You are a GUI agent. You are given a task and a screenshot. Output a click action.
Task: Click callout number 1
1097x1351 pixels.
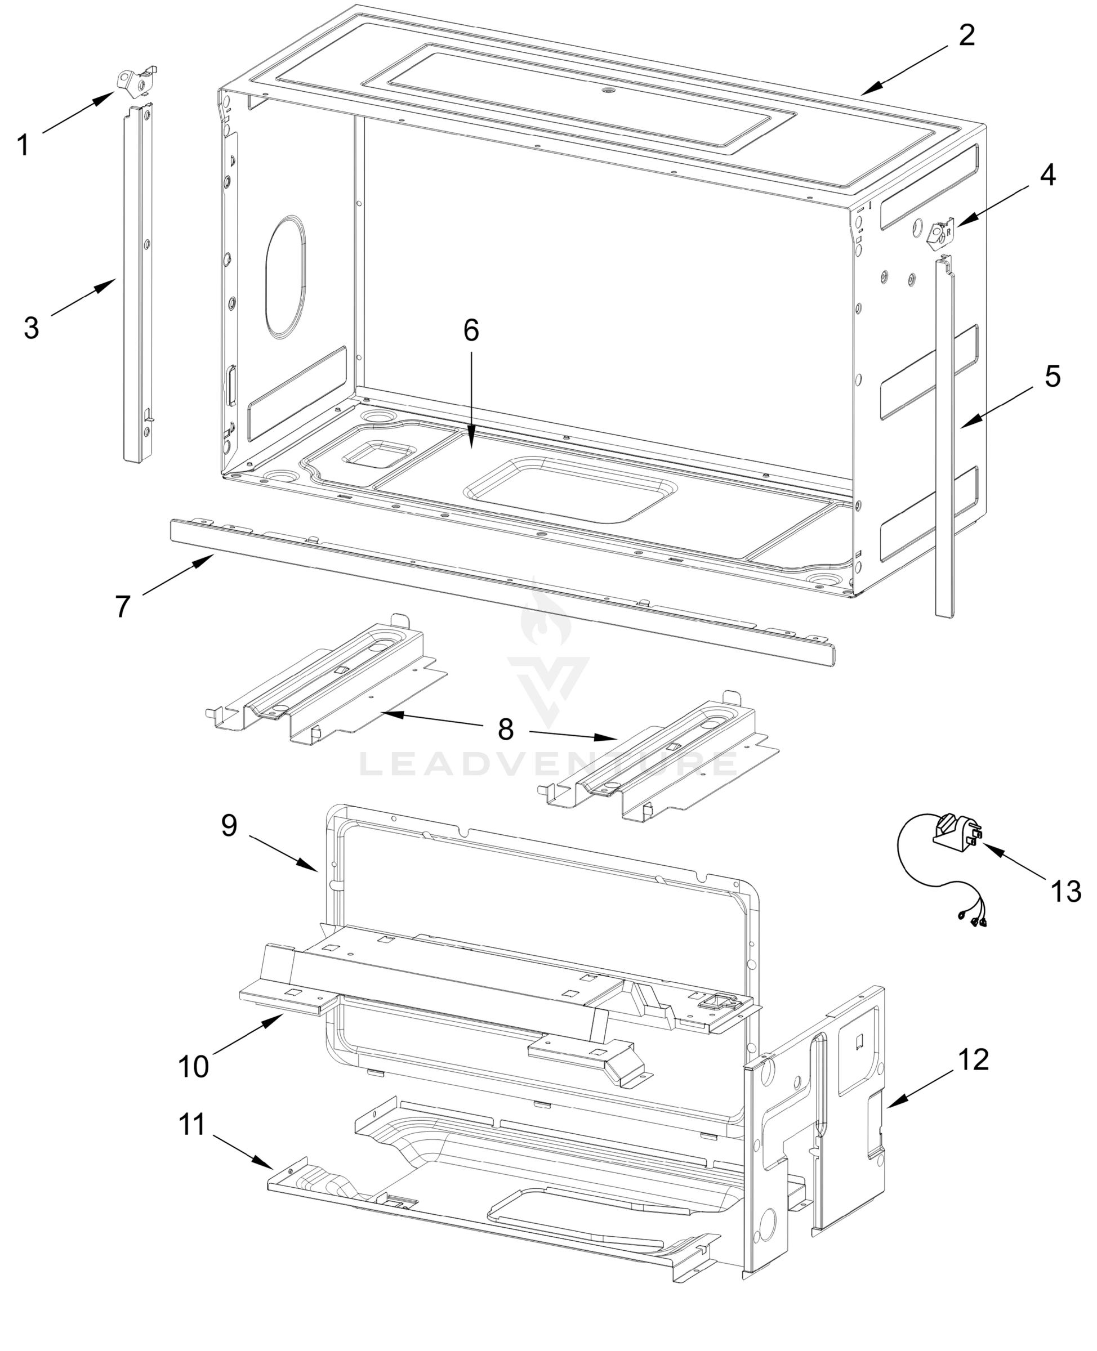(23, 146)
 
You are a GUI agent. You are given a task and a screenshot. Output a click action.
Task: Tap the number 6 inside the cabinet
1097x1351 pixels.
(471, 330)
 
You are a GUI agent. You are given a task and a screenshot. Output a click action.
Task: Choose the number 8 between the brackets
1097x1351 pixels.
(506, 730)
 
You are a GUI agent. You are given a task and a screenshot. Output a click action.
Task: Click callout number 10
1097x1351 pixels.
(194, 1067)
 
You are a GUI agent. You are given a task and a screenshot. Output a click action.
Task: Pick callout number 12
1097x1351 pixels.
(974, 1059)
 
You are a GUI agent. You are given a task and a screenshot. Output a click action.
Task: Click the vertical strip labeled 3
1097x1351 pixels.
(138, 284)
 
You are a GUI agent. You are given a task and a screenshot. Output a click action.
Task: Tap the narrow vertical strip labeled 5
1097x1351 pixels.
(945, 442)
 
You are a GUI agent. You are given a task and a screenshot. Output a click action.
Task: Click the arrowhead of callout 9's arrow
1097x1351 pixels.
(315, 870)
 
